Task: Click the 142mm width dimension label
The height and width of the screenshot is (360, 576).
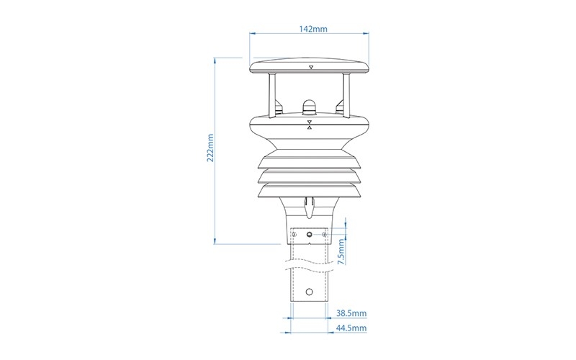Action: click(x=312, y=29)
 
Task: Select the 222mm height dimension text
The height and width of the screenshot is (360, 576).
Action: click(x=210, y=148)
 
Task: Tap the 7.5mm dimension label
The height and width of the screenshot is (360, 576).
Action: click(x=341, y=251)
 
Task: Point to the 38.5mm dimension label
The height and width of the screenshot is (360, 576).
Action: click(x=351, y=313)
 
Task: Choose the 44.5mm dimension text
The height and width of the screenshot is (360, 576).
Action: click(x=351, y=328)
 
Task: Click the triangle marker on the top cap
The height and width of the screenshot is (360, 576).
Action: click(x=311, y=67)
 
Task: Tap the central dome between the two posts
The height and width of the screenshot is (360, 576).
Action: click(x=310, y=106)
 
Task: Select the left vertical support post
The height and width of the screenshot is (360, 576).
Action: click(x=272, y=96)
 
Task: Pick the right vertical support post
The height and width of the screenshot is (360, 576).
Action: click(x=346, y=96)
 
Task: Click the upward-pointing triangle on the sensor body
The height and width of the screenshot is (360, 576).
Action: click(x=310, y=128)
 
